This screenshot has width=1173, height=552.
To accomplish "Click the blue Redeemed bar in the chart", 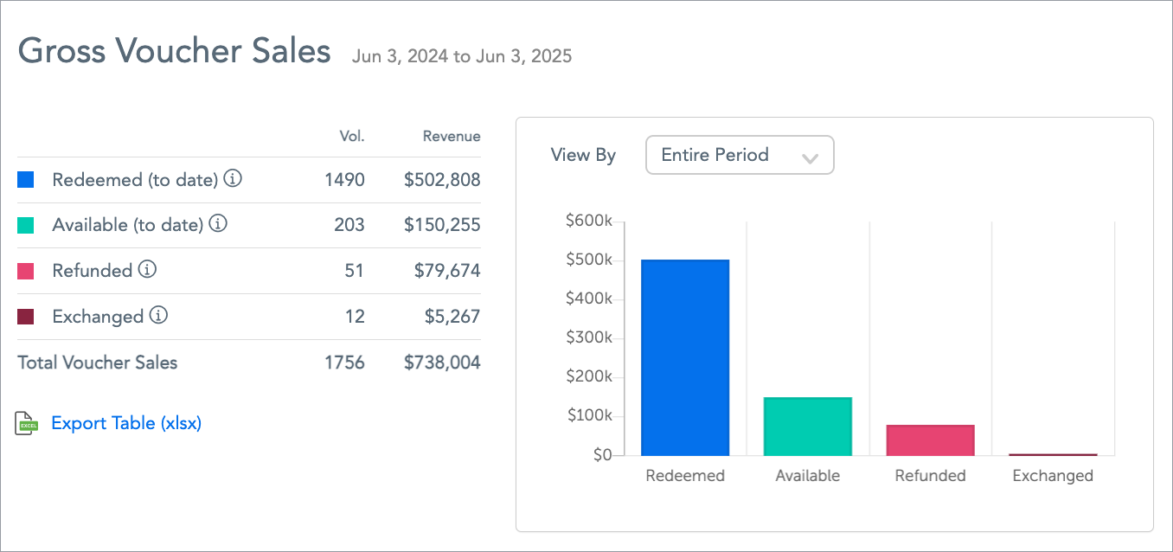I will point(684,357).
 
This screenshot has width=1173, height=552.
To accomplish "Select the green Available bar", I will point(807,426).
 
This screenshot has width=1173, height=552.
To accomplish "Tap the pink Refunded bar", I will point(930,440).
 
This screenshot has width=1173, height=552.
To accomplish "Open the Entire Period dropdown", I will point(740,156).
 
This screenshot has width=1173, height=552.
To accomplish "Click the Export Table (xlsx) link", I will point(126,423).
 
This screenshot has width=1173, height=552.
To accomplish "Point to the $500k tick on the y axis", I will point(588,260).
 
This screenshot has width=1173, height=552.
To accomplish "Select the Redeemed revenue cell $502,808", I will point(442,180).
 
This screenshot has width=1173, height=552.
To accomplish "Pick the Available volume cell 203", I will point(349,225).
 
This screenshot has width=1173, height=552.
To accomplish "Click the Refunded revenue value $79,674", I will point(447,271).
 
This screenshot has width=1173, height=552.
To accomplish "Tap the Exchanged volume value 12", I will point(355,317).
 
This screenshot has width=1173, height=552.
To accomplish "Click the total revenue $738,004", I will point(442,363).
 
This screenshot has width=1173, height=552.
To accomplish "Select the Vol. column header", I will point(352,136).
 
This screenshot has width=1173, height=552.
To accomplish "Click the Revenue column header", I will point(452,136).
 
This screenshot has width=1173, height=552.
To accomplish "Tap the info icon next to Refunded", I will point(147,270).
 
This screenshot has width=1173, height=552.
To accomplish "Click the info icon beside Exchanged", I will point(158,316).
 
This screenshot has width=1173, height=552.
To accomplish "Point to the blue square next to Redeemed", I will point(26,180).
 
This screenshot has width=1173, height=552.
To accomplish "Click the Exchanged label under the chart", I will point(1053,476).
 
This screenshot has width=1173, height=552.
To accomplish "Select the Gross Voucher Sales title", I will point(175,51).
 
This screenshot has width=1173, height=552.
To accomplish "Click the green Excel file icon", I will point(27,423).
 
